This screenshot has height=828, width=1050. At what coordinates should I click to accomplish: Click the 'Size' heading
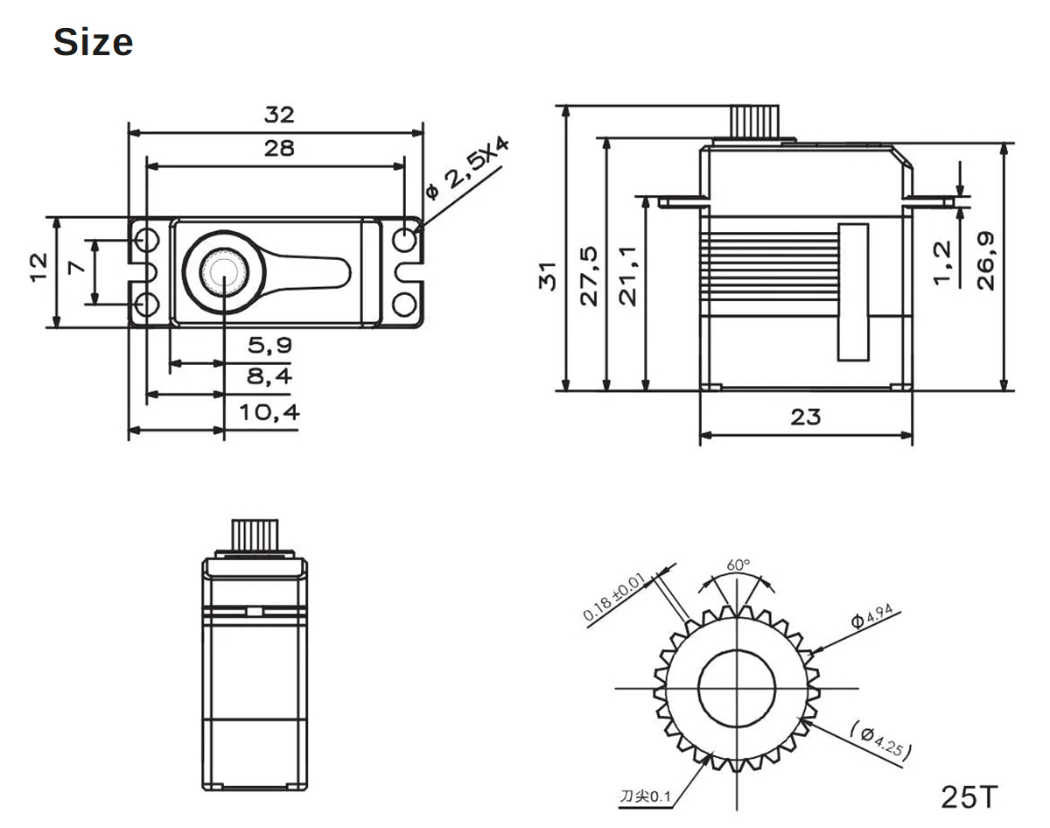tap(93, 42)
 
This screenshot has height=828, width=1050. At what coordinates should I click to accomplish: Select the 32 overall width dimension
tap(280, 115)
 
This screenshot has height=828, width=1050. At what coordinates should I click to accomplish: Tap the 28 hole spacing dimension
tap(280, 148)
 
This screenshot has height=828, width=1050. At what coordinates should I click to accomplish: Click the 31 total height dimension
tap(549, 276)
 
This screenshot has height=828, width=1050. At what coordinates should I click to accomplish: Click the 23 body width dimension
tap(806, 418)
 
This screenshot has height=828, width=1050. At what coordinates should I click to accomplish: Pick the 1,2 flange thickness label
tap(942, 263)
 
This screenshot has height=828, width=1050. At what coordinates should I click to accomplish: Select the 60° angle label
tap(738, 565)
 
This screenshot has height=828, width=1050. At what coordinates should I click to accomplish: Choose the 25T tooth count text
tap(969, 796)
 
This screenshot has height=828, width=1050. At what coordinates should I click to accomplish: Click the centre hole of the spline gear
tap(738, 688)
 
